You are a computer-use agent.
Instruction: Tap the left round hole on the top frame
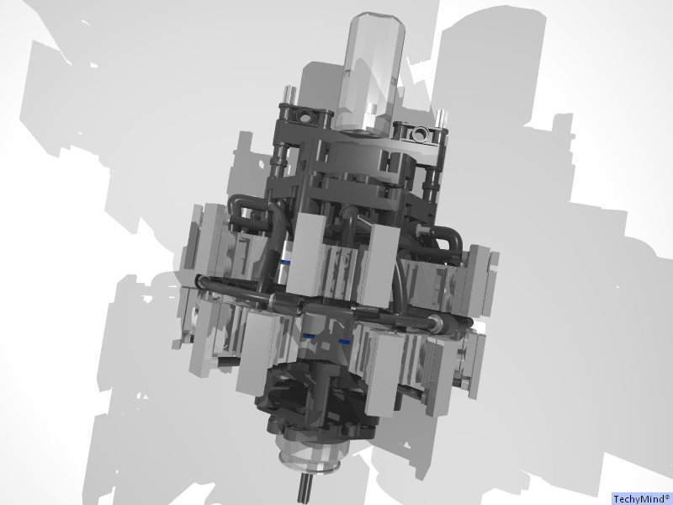pos(304,114)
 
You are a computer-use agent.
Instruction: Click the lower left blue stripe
pos(310,337)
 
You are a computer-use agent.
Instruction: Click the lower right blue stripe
pos(344,342)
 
